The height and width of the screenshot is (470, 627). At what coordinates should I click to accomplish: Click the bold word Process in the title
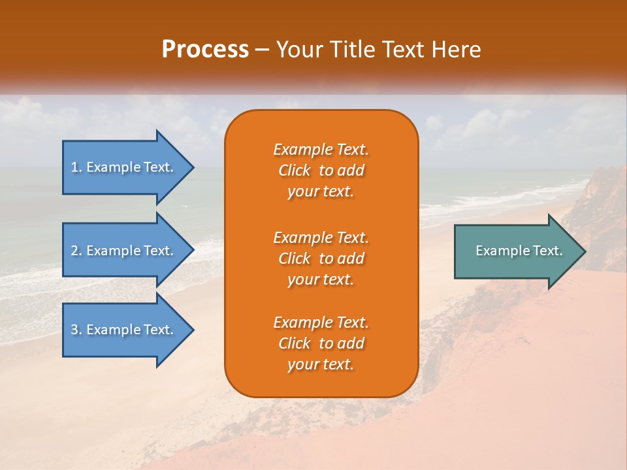point(205,50)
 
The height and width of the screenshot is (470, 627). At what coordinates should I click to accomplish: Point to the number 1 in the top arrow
point(74,167)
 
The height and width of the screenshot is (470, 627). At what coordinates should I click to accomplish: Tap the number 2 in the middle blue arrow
point(74,251)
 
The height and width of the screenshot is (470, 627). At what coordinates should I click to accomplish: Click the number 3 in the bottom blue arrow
point(74,330)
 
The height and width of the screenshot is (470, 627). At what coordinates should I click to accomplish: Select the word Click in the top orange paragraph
point(295,170)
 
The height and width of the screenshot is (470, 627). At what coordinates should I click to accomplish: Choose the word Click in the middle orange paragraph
point(295,258)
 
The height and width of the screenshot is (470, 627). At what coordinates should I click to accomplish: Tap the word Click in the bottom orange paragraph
point(295,343)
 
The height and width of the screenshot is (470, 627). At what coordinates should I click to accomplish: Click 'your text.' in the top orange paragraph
point(321,192)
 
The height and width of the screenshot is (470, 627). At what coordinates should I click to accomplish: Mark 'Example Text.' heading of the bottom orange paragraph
point(321,322)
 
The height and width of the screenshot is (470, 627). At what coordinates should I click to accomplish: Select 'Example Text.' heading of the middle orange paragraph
point(321,237)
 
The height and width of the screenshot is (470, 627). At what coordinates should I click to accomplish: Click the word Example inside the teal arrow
point(499,251)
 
